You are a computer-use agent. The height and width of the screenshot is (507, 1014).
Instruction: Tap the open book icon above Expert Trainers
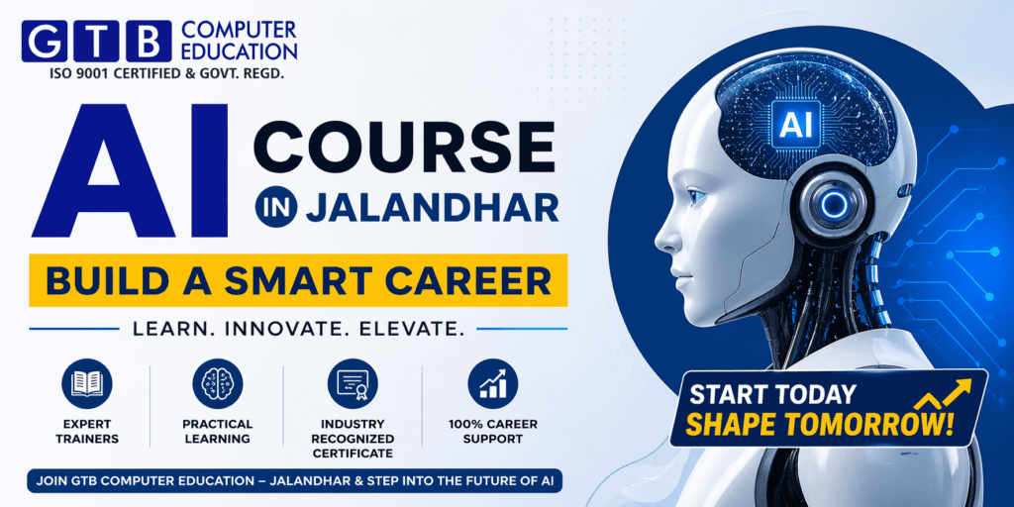tap(87, 383)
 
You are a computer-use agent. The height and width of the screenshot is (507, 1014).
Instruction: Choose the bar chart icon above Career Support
tap(492, 383)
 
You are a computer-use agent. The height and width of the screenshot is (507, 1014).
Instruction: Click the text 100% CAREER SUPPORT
tap(492, 431)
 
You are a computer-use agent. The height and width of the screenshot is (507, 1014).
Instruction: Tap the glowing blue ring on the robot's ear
tap(833, 203)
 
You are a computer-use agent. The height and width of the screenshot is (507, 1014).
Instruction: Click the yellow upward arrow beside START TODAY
tap(940, 396)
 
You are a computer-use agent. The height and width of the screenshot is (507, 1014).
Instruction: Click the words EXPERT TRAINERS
tap(87, 431)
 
